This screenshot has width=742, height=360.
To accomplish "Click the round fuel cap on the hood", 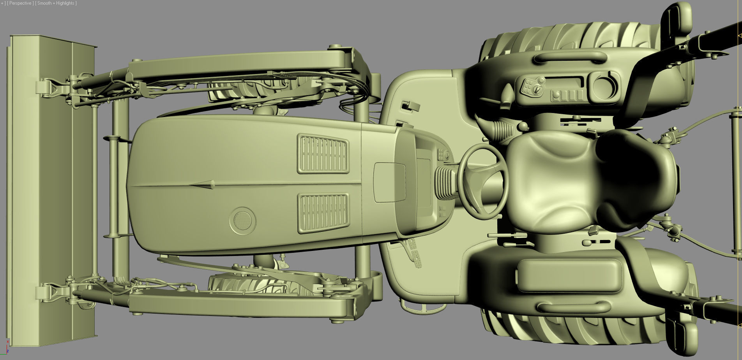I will coord(242,221).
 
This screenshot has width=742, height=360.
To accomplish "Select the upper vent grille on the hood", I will coord(323,154).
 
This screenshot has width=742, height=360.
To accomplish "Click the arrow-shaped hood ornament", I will coord(203,185).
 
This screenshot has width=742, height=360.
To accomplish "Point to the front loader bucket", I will coord(51,191).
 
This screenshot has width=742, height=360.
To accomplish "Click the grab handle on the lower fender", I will coord(573,308).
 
